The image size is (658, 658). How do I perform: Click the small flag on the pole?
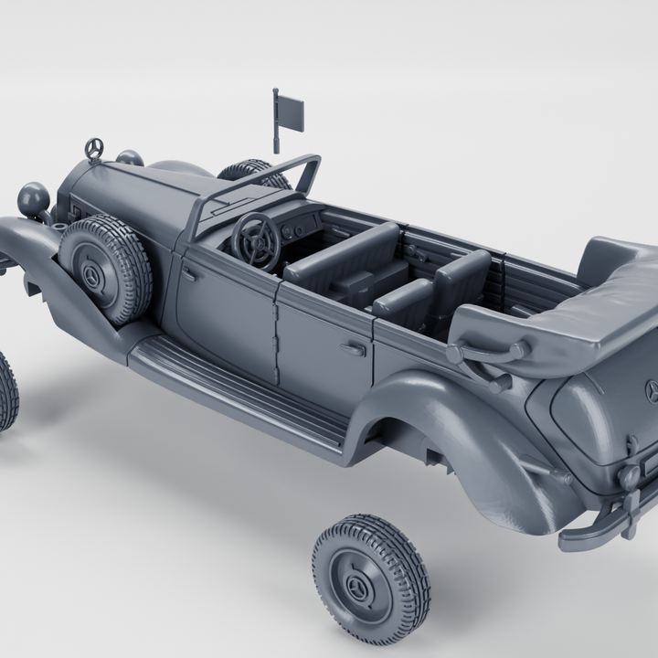[291, 116]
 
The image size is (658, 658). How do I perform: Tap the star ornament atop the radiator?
[93, 148]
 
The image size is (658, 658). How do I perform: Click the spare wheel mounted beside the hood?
[105, 269]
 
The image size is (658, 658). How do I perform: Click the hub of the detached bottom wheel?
[355, 586]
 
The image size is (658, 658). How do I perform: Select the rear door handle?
[353, 348]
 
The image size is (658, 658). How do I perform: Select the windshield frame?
[257, 182]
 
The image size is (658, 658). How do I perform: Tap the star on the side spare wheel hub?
[93, 275]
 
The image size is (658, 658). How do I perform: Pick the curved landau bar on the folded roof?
[484, 353]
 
